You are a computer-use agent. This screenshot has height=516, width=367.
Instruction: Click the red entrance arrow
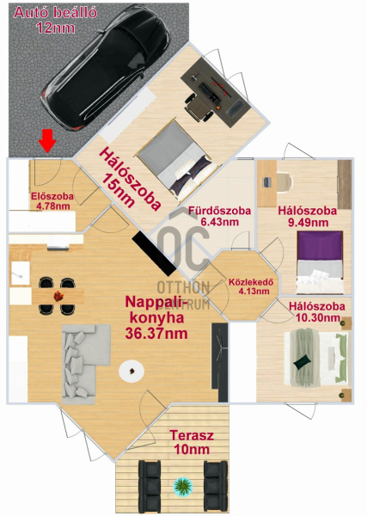click(47, 140)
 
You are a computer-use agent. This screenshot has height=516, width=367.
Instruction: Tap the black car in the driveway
click(107, 68)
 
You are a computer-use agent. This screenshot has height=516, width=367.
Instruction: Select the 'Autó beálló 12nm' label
click(56, 20)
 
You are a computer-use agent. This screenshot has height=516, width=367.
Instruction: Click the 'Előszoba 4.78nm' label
click(52, 201)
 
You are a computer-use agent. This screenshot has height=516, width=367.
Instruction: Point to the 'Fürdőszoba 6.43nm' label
click(219, 216)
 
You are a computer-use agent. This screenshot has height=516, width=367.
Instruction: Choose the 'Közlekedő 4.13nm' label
click(251, 286)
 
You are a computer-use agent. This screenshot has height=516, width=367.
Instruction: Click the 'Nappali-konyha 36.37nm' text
click(156, 317)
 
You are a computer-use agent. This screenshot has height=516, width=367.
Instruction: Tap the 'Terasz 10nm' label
click(192, 442)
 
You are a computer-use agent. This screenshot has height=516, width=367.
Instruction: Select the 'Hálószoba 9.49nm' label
click(308, 217)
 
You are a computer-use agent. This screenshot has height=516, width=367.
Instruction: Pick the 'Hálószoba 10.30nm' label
click(317, 311)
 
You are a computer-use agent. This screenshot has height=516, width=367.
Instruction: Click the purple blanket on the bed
click(320, 245)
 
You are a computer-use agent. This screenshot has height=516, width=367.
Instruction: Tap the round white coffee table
click(132, 372)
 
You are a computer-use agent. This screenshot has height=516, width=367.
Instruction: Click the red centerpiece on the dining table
click(58, 296)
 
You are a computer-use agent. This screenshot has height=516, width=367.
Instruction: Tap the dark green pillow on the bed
click(303, 362)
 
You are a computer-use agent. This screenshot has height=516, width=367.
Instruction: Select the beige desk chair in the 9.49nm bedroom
click(284, 181)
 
